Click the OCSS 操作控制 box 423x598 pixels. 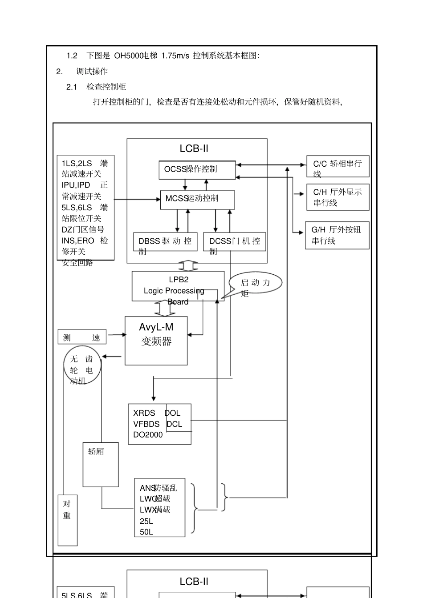point(197,170)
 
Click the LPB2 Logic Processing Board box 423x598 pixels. point(178,286)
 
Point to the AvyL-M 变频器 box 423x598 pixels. point(156,341)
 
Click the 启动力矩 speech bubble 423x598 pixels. point(256,283)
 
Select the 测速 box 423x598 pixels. point(82,337)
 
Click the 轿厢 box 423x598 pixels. point(101,464)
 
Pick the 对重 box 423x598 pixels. point(68,520)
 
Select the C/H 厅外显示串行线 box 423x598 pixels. point(338,197)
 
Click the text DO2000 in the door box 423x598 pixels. point(148,435)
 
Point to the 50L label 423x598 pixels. point(146,532)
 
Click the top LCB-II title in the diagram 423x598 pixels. point(194,148)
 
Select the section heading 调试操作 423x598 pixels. point(92,72)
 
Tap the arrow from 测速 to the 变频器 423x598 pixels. point(117,335)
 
